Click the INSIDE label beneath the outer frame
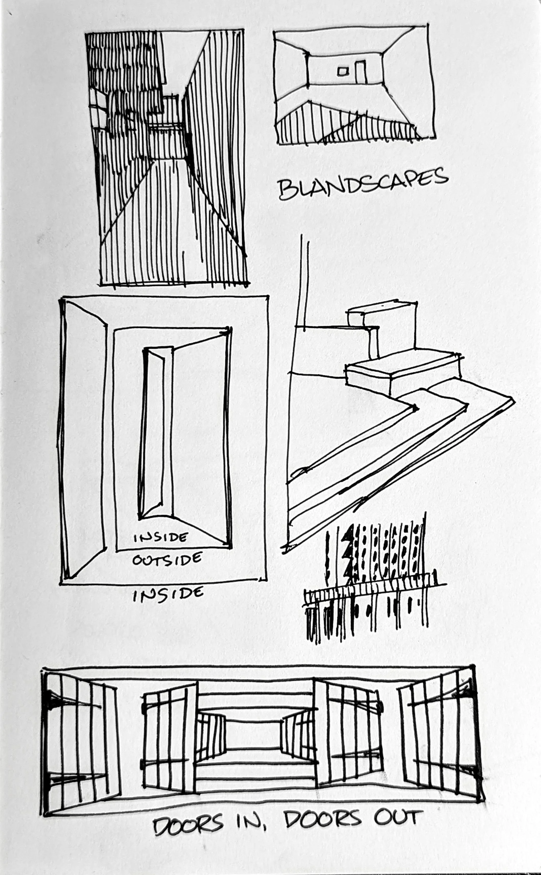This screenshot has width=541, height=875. (x=168, y=594)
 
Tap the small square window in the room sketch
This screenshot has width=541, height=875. (x=342, y=71)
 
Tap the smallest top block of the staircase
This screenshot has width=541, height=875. (x=381, y=314)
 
